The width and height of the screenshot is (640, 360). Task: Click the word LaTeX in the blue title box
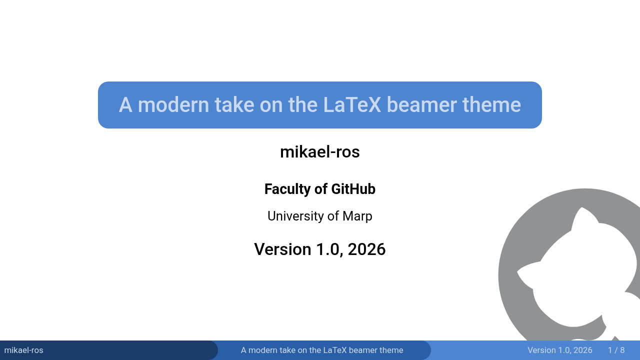(352, 105)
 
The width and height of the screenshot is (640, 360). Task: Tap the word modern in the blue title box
(173, 105)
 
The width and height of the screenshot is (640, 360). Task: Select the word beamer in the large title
(421, 105)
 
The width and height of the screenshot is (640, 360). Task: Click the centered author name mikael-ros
(319, 151)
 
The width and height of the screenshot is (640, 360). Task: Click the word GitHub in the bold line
(353, 189)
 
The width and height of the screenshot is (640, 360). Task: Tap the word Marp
(357, 216)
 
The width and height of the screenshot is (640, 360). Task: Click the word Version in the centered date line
(282, 249)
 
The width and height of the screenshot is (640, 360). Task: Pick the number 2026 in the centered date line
(366, 249)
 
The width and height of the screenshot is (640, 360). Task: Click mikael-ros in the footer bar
(23, 350)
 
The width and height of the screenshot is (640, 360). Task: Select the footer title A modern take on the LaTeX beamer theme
(322, 350)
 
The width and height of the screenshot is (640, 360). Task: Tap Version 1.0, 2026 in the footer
(559, 350)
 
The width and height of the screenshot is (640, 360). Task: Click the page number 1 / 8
(616, 350)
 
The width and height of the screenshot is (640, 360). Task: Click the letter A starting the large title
(125, 105)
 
